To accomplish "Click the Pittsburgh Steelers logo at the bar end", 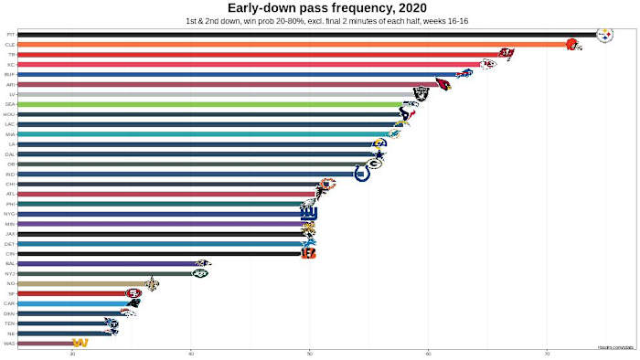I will (604, 35).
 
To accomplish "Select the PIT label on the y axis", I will (10, 35).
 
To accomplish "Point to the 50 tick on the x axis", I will (309, 352).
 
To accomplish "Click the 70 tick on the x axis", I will (547, 352).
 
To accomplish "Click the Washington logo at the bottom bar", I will (80, 343).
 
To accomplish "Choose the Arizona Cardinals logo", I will (443, 84).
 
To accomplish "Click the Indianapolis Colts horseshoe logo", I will (362, 174).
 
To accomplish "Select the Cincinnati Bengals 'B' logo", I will (308, 253).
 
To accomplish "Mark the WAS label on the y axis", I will (9, 343).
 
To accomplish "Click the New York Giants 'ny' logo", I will (309, 213).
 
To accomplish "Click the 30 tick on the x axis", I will (72, 352).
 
